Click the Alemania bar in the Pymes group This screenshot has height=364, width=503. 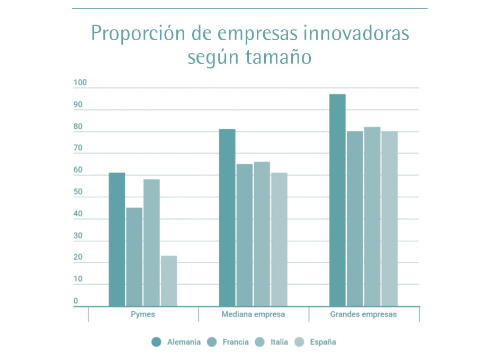pos(117,239)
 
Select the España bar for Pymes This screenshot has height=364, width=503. pos(169,281)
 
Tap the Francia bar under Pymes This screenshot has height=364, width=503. pos(134,257)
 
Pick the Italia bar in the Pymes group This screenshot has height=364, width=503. pos(151,242)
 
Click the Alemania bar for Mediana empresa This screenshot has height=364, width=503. pos(227,217)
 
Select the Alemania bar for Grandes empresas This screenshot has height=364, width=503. pos(337,200)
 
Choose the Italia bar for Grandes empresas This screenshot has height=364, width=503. pos(372,216)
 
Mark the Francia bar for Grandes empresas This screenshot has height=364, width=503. pos(355,219)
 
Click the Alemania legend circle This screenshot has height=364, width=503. pos(156,342)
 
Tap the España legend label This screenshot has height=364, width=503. pos(323,342)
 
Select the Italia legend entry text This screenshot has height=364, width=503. pos(279,342)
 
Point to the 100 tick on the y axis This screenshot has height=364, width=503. pos(80,83)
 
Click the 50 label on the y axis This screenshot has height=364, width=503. pos(78,192)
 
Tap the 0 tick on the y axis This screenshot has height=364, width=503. pos(76,301)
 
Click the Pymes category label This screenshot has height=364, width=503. pos(143,314)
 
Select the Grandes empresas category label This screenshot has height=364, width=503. pos(363,314)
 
